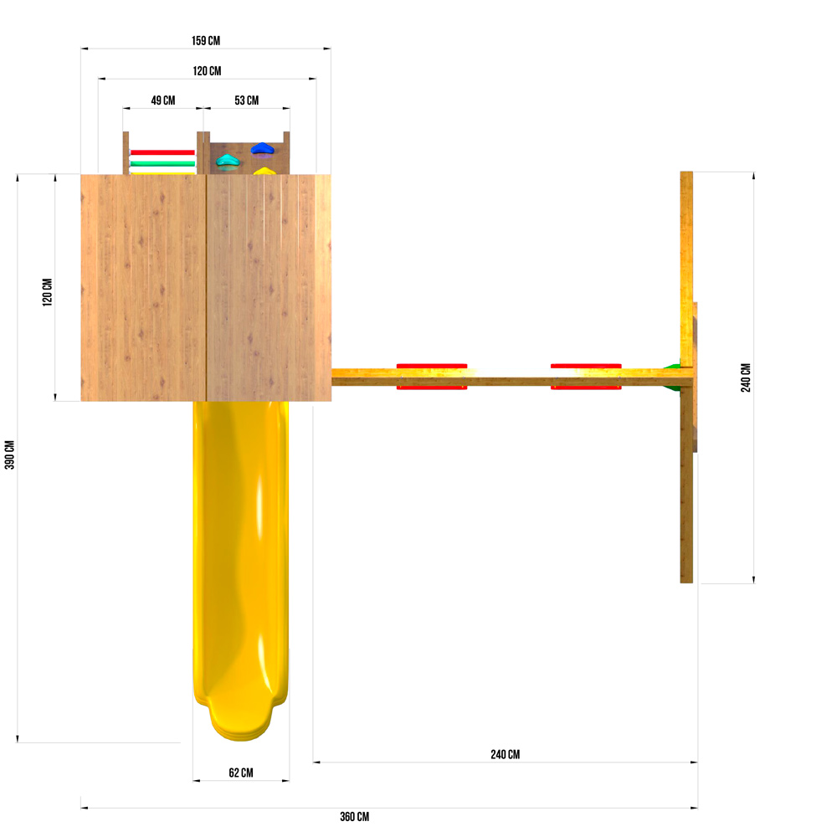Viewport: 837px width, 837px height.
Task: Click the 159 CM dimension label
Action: coord(206,40)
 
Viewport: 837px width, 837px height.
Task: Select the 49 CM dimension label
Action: coord(163,100)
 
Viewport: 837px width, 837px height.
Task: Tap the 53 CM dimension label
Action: coord(247,100)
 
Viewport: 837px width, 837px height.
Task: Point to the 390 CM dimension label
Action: coord(9,454)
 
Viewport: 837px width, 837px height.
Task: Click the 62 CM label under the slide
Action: coord(241,773)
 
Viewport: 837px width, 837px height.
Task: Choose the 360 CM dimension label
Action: coord(354,817)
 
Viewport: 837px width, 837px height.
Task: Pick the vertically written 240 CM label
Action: coord(746,378)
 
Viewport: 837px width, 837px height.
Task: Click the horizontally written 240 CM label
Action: coord(505,754)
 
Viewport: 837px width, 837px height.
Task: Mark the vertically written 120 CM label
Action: coord(48,292)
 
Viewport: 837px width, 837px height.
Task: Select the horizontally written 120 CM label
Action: coord(207,71)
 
